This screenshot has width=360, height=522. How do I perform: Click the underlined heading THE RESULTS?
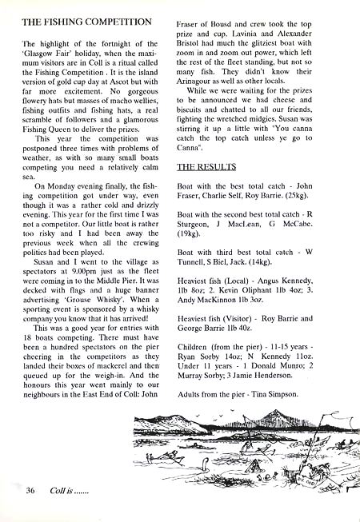pos(206,166)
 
